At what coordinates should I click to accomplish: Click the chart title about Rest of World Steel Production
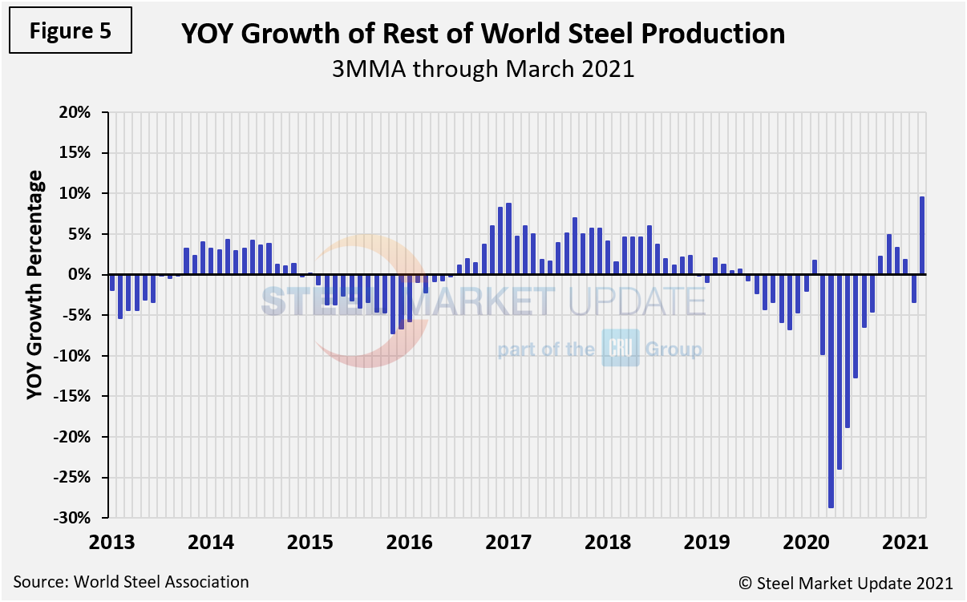point(483,34)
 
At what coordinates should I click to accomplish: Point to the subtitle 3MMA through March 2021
point(483,70)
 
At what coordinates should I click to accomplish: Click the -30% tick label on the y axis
point(79,518)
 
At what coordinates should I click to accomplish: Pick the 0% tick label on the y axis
point(85,275)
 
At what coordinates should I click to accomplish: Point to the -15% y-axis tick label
point(79,397)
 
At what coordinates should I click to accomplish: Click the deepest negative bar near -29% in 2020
point(831,391)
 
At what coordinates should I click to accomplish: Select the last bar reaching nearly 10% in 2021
point(922,236)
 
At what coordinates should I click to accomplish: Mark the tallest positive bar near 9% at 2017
point(508,239)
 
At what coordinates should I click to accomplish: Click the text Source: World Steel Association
point(131,582)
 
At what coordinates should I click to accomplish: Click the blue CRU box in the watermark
point(620,349)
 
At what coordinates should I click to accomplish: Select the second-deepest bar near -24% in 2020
point(839,372)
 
